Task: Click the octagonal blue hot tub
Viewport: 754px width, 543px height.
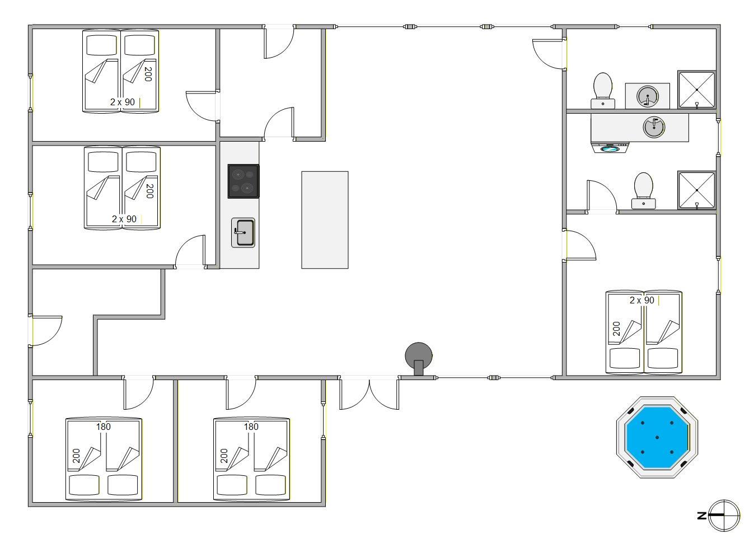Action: point(657,437)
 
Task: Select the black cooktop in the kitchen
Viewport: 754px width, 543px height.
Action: point(243,181)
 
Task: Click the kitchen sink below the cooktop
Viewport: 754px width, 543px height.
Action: point(243,233)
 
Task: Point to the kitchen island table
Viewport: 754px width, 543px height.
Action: point(325,220)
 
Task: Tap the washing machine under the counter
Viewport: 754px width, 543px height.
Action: point(610,147)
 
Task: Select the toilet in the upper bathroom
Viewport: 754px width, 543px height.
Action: point(602,91)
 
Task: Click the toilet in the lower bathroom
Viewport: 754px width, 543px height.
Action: point(643,190)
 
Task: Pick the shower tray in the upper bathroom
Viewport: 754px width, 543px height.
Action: point(696,90)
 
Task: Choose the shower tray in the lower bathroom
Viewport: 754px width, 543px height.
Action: point(696,190)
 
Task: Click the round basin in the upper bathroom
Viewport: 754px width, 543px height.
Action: point(647,96)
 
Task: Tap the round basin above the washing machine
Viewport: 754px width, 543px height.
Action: point(654,127)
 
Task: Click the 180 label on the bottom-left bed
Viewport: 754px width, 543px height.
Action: point(104,427)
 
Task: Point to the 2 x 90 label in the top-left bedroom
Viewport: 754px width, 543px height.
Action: point(123,102)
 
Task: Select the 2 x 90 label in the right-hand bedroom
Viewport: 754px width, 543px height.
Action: point(642,300)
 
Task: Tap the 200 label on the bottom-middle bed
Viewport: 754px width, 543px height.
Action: point(224,456)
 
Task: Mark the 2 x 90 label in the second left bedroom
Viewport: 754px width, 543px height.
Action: point(124,219)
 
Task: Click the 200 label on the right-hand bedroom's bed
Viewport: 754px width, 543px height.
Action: point(616,329)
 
